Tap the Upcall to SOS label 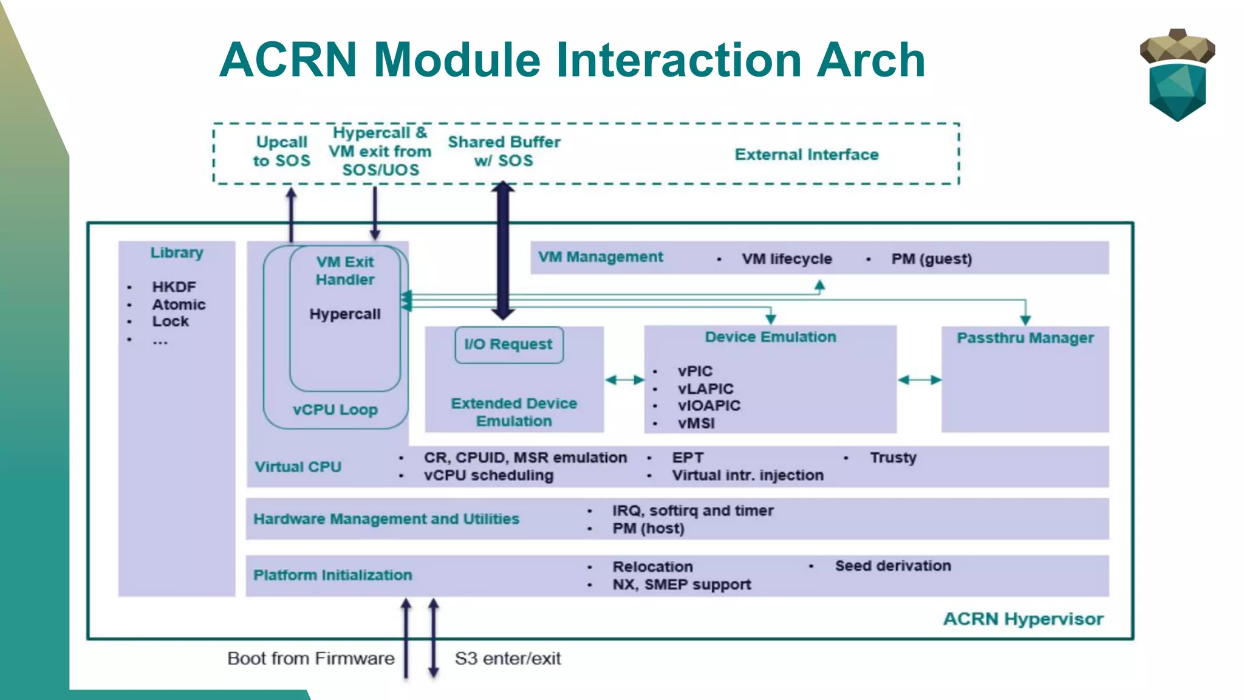pyautogui.click(x=281, y=151)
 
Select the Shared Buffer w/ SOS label pyautogui.click(x=504, y=151)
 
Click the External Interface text pyautogui.click(x=806, y=155)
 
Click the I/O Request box pyautogui.click(x=508, y=345)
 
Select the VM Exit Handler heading pyautogui.click(x=345, y=270)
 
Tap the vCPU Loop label pyautogui.click(x=335, y=410)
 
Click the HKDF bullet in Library pyautogui.click(x=174, y=287)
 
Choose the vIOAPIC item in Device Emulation pyautogui.click(x=709, y=406)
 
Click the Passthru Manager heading pyautogui.click(x=1025, y=338)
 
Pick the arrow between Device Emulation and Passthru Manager pyautogui.click(x=919, y=380)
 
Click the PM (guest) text pyautogui.click(x=931, y=259)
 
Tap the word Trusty pyautogui.click(x=892, y=458)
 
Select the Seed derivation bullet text pyautogui.click(x=892, y=566)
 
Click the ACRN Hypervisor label pyautogui.click(x=1023, y=619)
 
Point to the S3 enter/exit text pyautogui.click(x=507, y=659)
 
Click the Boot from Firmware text pyautogui.click(x=310, y=659)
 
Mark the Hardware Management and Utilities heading pyautogui.click(x=386, y=520)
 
